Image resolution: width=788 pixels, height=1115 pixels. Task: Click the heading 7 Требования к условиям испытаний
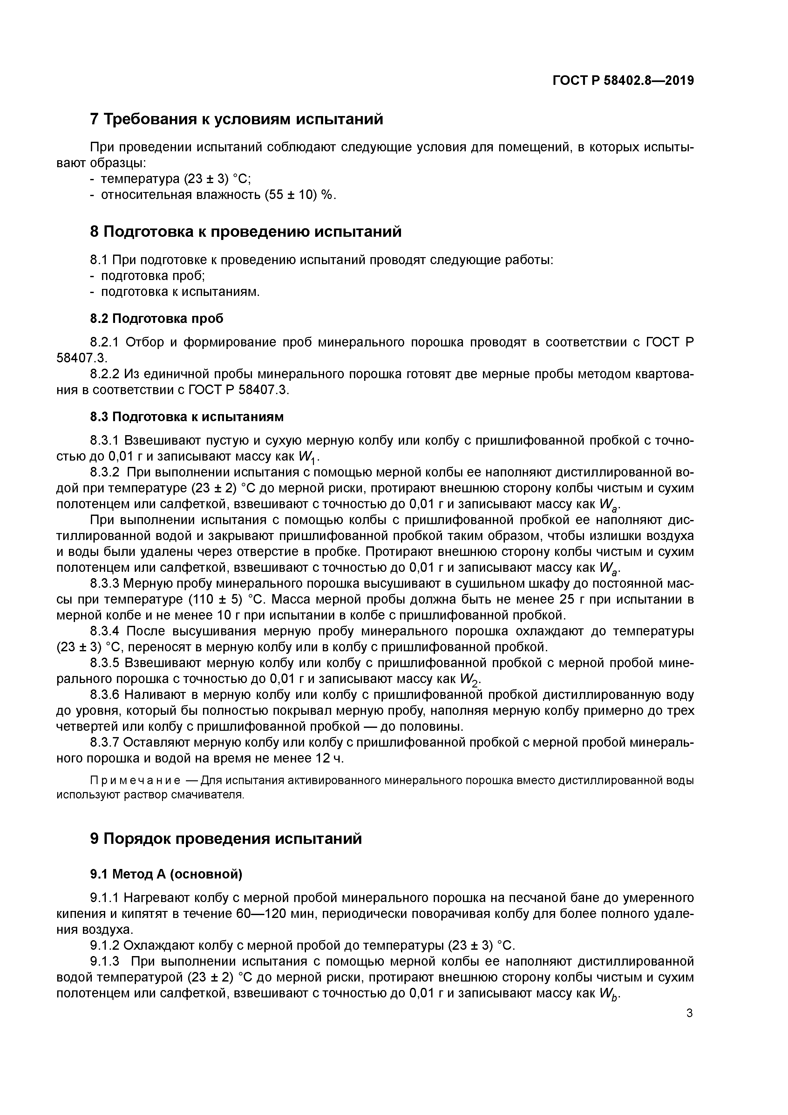click(x=236, y=119)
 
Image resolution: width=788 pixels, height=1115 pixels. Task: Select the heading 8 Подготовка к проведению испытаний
click(x=246, y=232)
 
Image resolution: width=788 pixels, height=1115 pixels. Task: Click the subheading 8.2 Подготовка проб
click(x=157, y=318)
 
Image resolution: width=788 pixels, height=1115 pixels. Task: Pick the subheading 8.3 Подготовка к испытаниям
click(x=187, y=417)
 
